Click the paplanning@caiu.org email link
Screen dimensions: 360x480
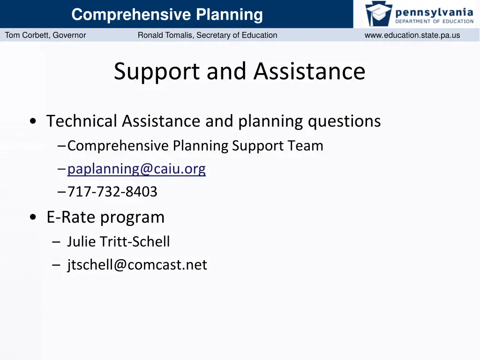(136, 169)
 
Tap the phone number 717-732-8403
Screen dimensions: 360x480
(112, 192)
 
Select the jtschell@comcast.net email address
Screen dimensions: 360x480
(137, 265)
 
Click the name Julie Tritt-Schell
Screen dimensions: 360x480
(118, 242)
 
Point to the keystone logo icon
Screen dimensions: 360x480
(379, 14)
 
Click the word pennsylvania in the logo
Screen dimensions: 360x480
(434, 11)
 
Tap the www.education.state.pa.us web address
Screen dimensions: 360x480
(412, 35)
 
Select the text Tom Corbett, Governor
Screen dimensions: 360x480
(45, 35)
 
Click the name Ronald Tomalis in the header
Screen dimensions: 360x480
(164, 35)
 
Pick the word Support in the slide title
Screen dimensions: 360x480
(157, 72)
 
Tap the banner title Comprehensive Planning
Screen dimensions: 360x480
(167, 15)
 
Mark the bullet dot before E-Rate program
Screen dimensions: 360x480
(33, 217)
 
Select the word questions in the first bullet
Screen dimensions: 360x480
(344, 121)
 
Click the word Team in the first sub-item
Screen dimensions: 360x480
(306, 146)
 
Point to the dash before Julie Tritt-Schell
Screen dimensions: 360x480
(57, 242)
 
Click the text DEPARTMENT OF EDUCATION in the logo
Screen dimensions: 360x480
(434, 21)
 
